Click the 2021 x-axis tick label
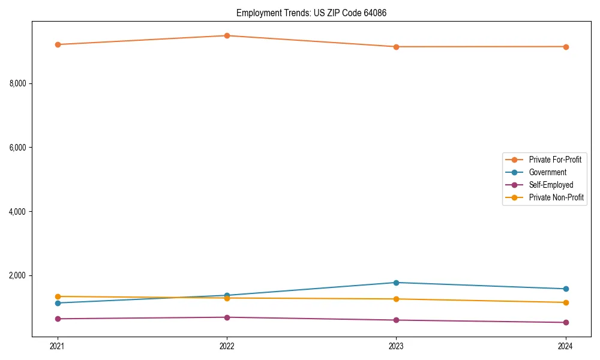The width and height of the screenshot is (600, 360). (58, 346)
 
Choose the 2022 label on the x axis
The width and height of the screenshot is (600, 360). (227, 346)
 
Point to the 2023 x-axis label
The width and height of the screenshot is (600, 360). (396, 346)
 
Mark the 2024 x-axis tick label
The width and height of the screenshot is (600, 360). (565, 346)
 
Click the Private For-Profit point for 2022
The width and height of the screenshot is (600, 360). (227, 35)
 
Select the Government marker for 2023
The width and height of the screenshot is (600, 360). (396, 283)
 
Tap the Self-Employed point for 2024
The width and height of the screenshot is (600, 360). (565, 323)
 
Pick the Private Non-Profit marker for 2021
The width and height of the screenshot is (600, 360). (58, 296)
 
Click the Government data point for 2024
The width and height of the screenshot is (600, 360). (565, 289)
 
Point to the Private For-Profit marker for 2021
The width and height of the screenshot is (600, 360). (58, 44)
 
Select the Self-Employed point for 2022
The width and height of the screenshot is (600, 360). (227, 317)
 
